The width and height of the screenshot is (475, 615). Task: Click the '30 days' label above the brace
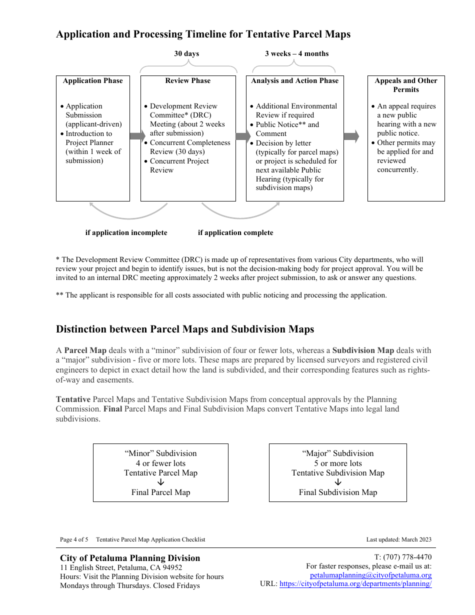186,53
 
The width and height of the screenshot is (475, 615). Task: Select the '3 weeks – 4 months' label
296,53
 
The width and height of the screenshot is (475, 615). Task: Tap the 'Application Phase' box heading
92,80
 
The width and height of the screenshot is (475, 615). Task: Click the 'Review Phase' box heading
188,80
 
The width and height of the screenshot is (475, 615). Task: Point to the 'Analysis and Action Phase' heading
294,80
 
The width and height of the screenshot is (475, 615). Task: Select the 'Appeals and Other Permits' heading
406,85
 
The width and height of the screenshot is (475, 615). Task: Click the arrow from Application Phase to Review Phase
136,136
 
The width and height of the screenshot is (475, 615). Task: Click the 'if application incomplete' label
126,232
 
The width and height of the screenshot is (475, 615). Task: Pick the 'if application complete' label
235,232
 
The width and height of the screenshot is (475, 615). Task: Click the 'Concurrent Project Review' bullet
179,165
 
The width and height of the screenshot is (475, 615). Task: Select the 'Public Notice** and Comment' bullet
287,129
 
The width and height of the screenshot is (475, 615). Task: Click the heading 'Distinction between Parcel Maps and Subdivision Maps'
185,329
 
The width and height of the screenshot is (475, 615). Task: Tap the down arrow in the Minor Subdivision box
160,482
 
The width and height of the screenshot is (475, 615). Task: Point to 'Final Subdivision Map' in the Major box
338,492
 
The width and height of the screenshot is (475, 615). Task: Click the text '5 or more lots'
338,463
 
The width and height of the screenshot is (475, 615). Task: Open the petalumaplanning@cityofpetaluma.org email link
370,575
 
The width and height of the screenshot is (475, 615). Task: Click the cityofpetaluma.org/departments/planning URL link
355,583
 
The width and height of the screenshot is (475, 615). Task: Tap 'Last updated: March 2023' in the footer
398,539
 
